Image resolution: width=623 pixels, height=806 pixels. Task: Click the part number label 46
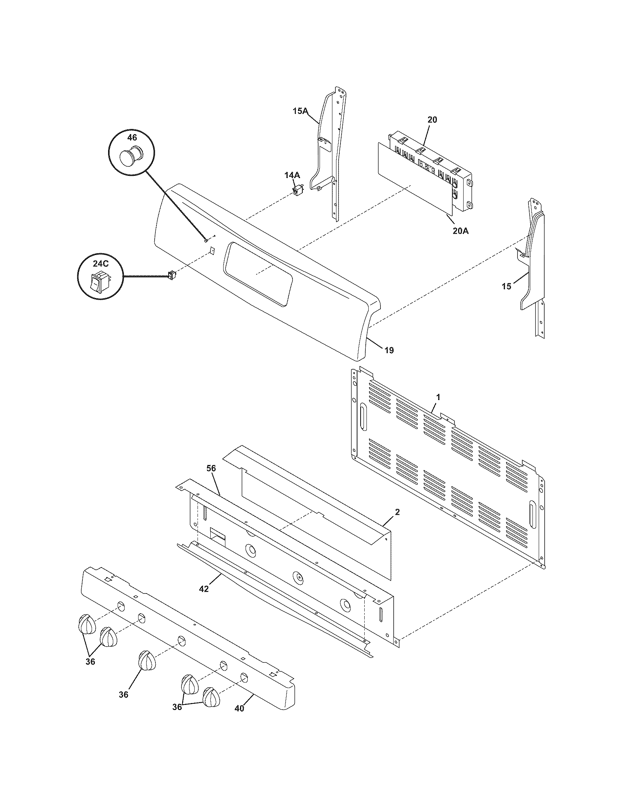pos(132,138)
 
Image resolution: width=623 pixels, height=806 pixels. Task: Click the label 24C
pos(100,264)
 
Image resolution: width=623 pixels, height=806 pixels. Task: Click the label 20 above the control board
pos(432,119)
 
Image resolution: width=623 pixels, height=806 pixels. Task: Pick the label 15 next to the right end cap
pos(506,286)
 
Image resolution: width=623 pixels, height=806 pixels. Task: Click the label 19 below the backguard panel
pos(389,350)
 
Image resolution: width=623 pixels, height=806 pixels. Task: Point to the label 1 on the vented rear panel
pos(438,397)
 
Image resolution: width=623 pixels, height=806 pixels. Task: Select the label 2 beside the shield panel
pos(397,512)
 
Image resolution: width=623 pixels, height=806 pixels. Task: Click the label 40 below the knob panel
pos(239,709)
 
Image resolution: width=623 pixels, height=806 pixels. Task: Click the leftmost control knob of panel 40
pos(87,624)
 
